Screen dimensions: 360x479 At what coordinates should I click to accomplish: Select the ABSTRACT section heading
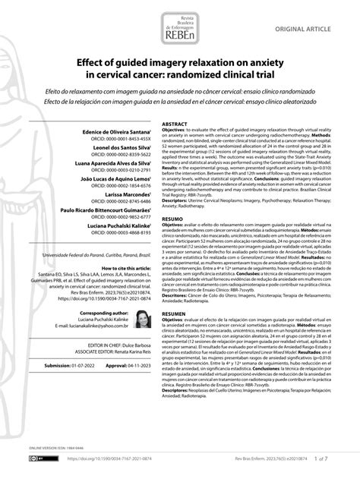pos(175,123)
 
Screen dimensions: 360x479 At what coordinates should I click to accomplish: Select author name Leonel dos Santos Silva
pos(119,150)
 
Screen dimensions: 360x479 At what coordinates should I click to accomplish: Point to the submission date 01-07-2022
pos(81,386)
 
